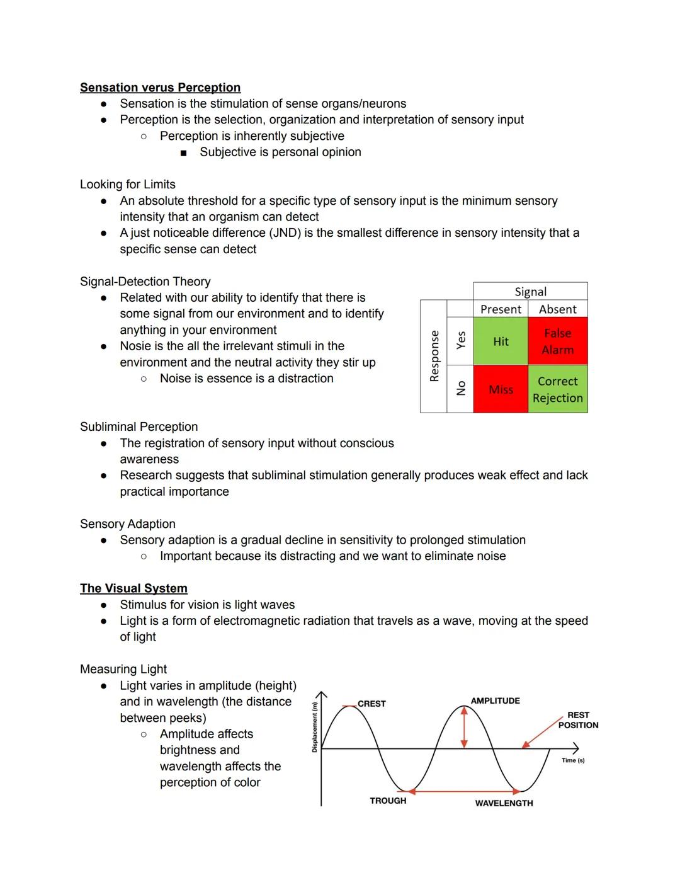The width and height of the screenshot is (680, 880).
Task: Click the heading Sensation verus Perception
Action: [160, 88]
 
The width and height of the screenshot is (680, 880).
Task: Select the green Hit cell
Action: [501, 341]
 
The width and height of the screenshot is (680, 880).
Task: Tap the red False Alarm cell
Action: [557, 341]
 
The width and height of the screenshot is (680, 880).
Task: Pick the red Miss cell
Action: [501, 389]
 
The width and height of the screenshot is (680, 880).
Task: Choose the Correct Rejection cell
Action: [557, 389]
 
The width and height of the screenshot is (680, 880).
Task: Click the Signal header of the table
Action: [530, 292]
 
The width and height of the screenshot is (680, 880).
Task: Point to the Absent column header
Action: [557, 309]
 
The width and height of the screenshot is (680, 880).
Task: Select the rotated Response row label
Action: [434, 356]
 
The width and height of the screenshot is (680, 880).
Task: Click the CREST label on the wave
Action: [371, 704]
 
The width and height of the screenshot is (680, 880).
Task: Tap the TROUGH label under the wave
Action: [388, 801]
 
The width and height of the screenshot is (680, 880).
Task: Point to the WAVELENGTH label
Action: [504, 803]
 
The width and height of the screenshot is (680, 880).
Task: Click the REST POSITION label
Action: [578, 720]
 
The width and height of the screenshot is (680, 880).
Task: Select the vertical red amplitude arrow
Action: [464, 727]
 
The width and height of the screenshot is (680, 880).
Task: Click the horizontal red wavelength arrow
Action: [464, 791]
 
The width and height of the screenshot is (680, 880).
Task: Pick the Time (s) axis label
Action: [573, 760]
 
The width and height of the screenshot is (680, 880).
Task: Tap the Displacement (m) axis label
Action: [315, 728]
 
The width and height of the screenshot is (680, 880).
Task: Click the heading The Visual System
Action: [133, 588]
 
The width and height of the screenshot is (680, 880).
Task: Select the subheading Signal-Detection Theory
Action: [145, 282]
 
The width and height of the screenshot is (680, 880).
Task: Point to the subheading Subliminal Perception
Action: [139, 427]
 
